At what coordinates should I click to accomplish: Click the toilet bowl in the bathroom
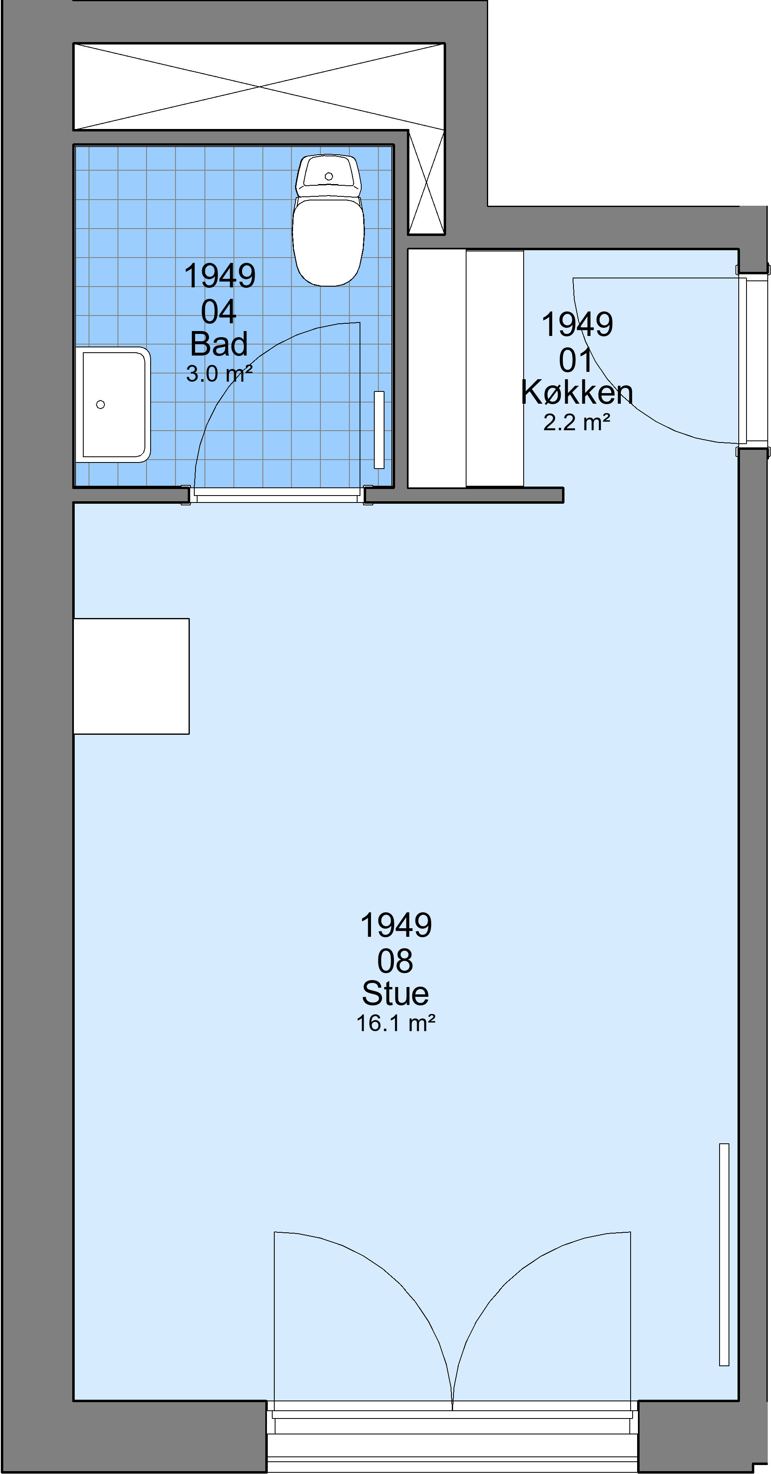pyautogui.click(x=328, y=241)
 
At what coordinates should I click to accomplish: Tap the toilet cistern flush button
pyautogui.click(x=328, y=176)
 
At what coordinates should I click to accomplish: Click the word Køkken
pyautogui.click(x=577, y=393)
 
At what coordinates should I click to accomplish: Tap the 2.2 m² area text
pyautogui.click(x=577, y=422)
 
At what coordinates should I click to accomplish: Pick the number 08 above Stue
pyautogui.click(x=395, y=961)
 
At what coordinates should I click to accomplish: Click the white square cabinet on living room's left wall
pyautogui.click(x=131, y=676)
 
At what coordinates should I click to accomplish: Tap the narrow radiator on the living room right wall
pyautogui.click(x=724, y=1254)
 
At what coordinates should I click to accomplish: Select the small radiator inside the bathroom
pyautogui.click(x=379, y=430)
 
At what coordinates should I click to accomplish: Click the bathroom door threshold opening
pyautogui.click(x=278, y=496)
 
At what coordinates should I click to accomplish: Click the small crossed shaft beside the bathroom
pyautogui.click(x=426, y=182)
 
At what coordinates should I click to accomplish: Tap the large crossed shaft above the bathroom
pyautogui.click(x=259, y=87)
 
